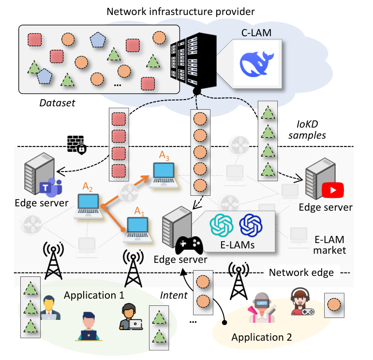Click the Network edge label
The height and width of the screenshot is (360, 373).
tap(301, 273)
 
